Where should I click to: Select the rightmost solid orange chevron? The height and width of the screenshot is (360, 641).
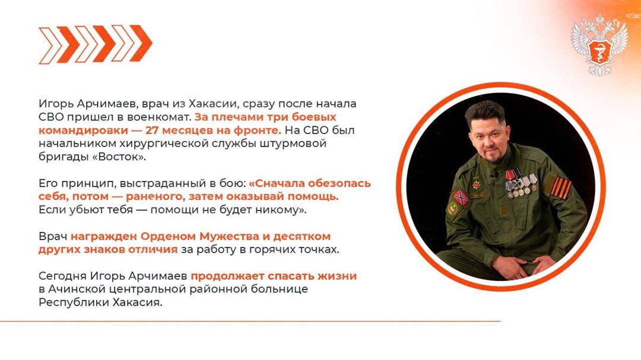[141, 43]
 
